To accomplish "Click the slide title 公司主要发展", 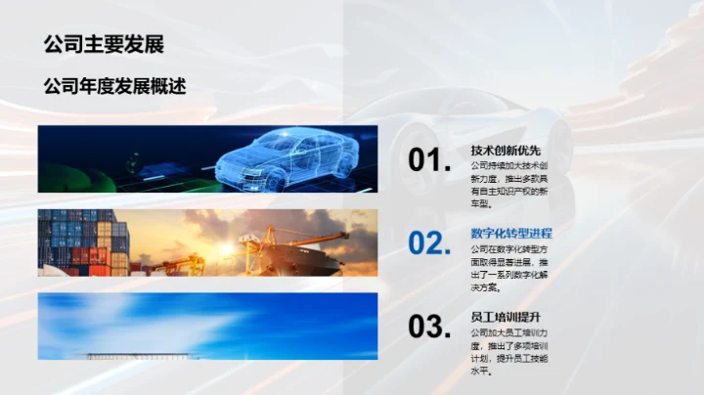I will [x=103, y=44].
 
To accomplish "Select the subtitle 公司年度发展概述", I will [x=114, y=86].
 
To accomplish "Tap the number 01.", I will [x=429, y=161].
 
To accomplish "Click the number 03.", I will [x=429, y=327].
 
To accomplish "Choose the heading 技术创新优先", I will [x=506, y=151].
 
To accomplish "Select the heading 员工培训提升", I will [x=506, y=318].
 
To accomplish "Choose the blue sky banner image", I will [x=207, y=326].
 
